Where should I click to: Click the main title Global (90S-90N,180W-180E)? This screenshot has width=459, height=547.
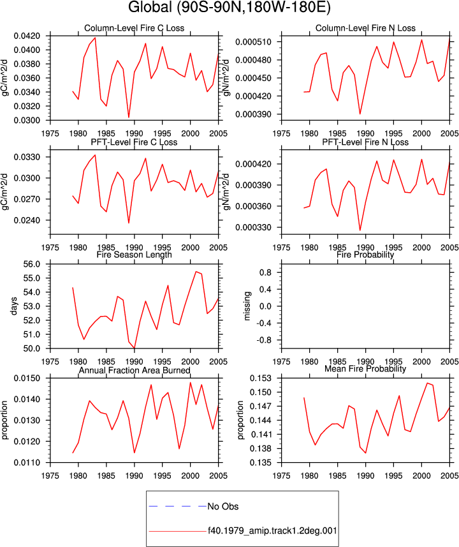click(x=229, y=7)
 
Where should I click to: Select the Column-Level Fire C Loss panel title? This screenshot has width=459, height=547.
click(x=134, y=28)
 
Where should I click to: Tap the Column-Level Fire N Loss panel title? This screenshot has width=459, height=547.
click(x=365, y=28)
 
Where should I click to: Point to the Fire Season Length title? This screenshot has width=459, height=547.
click(x=134, y=254)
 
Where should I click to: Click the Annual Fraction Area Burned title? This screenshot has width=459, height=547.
click(x=134, y=370)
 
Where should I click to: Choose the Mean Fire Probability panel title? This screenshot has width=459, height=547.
click(x=365, y=369)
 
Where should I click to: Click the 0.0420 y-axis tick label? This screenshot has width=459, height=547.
click(x=27, y=36)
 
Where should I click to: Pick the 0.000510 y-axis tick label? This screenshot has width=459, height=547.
click(x=253, y=42)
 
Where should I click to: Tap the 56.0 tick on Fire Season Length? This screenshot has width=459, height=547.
click(x=32, y=264)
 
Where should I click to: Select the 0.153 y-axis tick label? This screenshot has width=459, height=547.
click(x=260, y=378)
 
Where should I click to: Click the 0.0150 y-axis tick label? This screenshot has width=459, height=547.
click(x=27, y=378)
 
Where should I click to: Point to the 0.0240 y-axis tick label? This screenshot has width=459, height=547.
click(x=27, y=220)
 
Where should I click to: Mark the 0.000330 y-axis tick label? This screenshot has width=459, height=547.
click(x=253, y=227)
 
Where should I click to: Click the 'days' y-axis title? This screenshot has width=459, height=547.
click(x=13, y=306)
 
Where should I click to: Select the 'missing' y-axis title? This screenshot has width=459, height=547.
click(x=247, y=306)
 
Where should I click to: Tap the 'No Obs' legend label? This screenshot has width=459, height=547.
click(x=223, y=506)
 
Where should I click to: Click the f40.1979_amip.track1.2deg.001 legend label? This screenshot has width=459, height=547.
click(x=273, y=531)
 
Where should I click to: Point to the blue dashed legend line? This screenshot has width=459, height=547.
click(x=177, y=506)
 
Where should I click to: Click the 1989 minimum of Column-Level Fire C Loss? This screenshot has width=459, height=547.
click(x=129, y=117)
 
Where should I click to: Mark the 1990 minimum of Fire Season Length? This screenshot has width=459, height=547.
click(x=135, y=348)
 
